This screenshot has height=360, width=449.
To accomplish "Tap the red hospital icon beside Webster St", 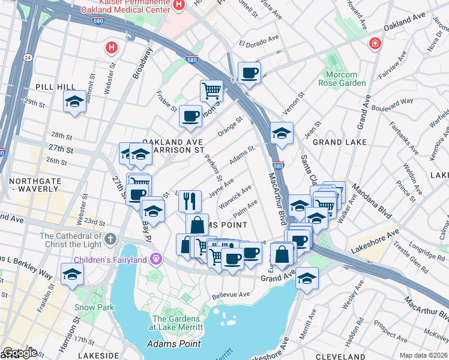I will (x=110, y=47).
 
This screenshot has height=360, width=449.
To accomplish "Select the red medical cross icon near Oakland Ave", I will (x=375, y=43).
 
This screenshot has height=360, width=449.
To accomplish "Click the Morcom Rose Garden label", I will (x=345, y=79).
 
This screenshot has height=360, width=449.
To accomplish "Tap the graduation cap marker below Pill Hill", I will (x=74, y=101).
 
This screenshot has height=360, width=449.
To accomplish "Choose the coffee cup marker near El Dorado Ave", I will (x=249, y=73).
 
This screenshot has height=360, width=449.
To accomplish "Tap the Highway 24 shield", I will (x=28, y=58).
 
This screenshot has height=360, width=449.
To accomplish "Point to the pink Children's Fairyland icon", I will (x=157, y=259).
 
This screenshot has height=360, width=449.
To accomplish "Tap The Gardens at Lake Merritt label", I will (x=178, y=323).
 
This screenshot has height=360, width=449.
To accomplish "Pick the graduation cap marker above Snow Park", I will (x=72, y=274).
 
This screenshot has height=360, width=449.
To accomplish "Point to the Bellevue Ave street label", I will (x=232, y=295).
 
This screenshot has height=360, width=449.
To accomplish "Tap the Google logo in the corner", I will (x=19, y=353).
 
